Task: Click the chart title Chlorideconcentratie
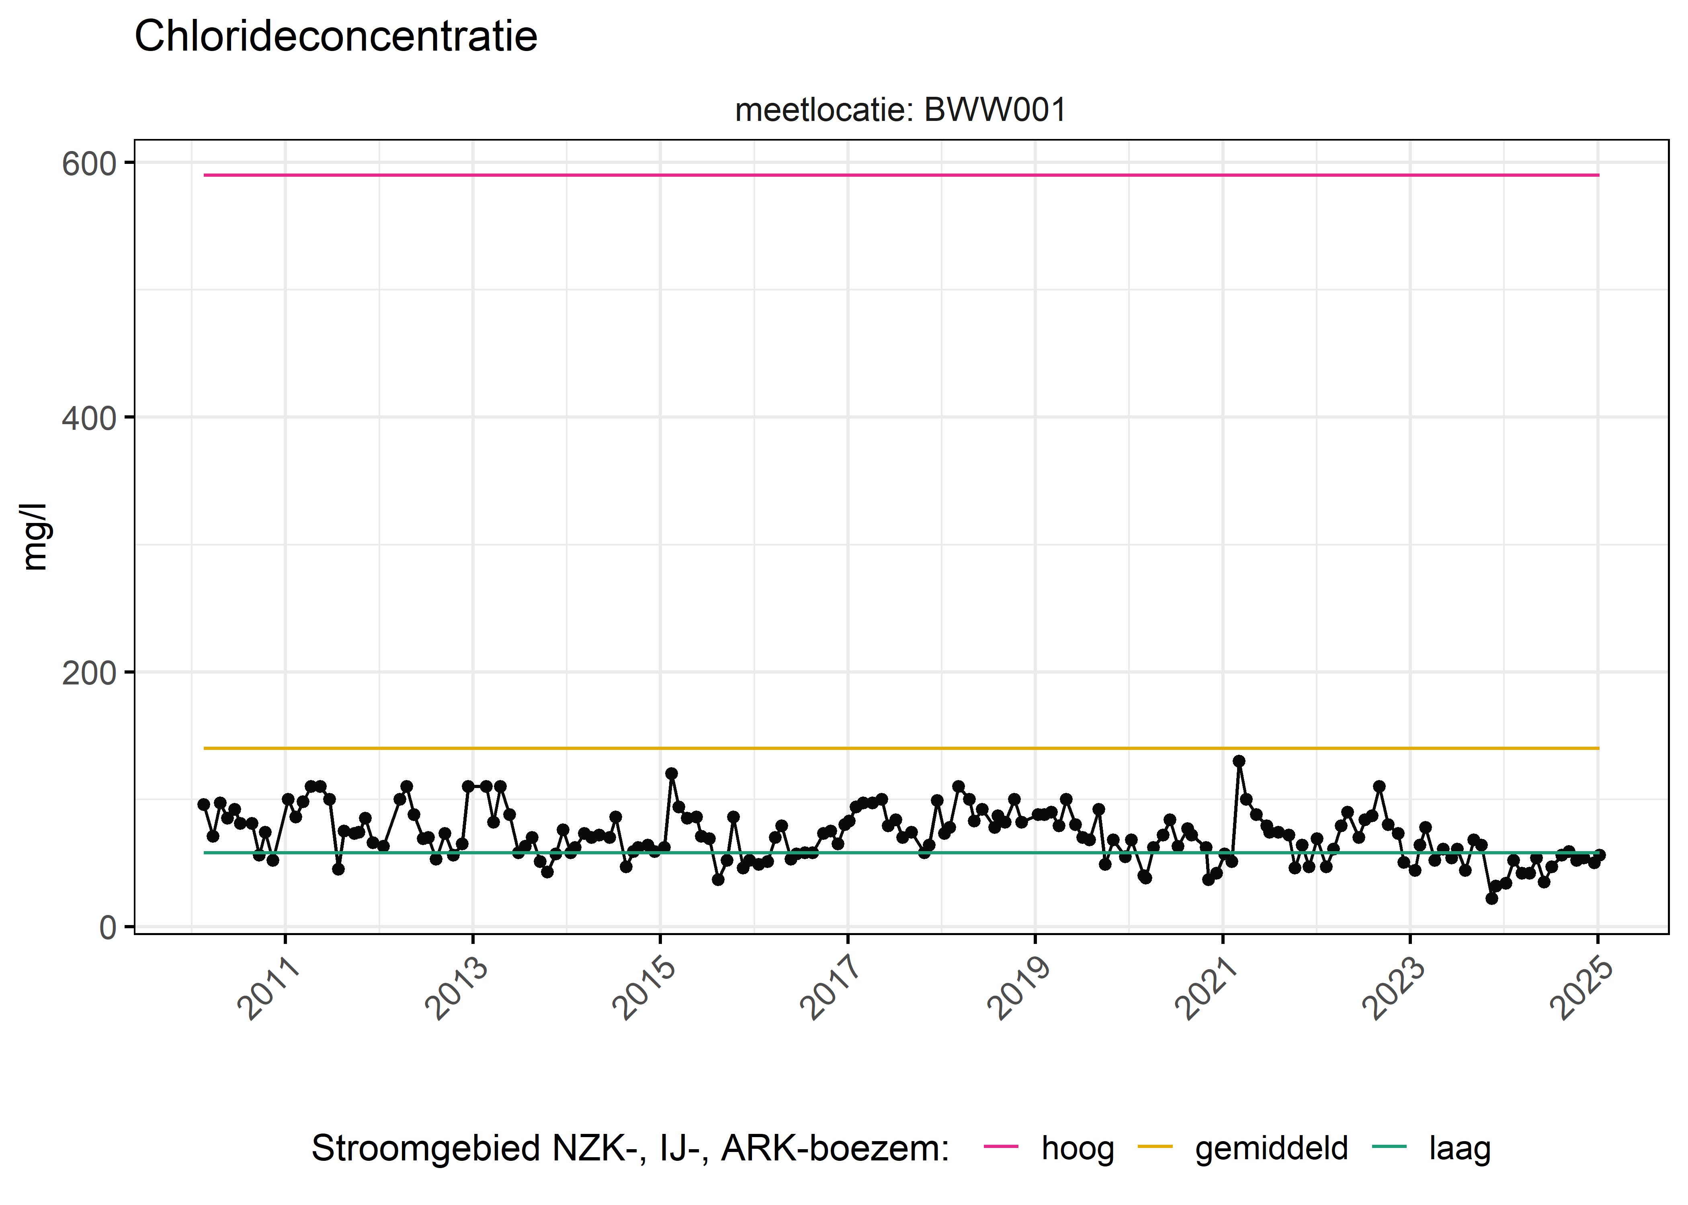click(336, 37)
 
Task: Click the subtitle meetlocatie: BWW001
click(900, 110)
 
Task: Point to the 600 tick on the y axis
click(89, 164)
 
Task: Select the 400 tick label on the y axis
click(89, 419)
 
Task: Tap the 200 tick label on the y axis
click(89, 674)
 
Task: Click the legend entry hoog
click(1077, 1149)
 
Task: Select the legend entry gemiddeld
click(1271, 1149)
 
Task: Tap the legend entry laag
click(1459, 1149)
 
